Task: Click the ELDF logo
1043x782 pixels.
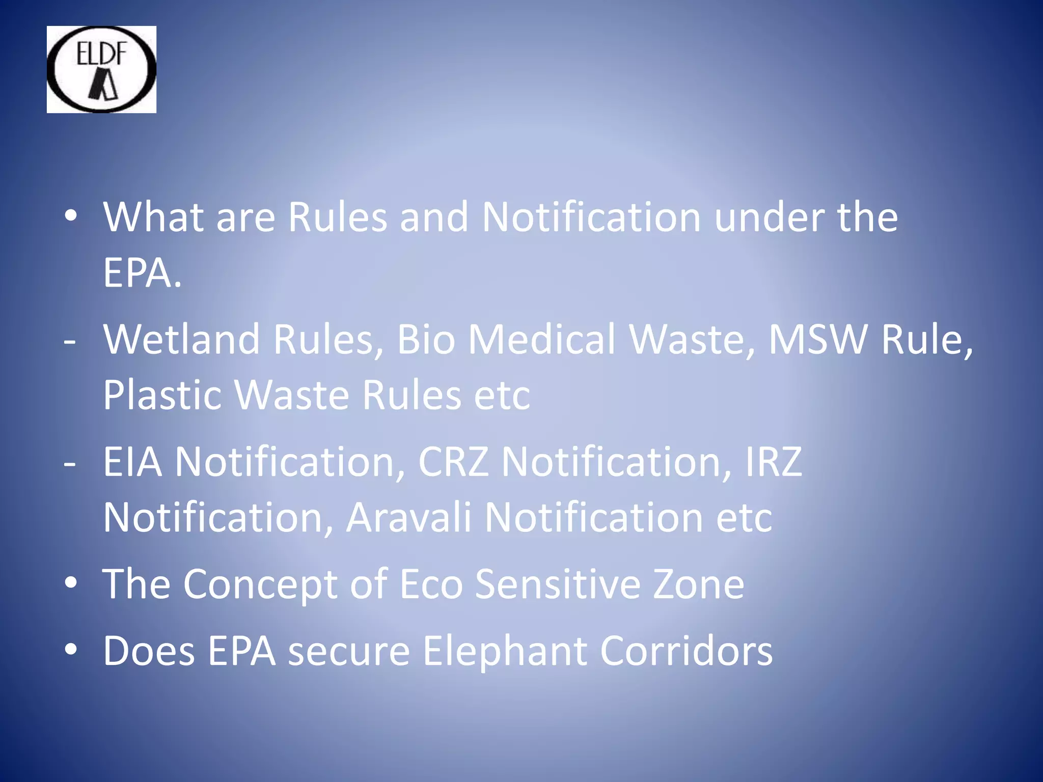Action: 101,69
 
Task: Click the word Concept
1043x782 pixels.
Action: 260,584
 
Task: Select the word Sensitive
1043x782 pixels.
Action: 558,584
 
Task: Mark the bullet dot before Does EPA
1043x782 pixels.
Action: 71,649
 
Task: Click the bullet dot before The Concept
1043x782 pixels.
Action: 71,583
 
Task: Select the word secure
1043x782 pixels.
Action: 349,652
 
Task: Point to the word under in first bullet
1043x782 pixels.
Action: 769,217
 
